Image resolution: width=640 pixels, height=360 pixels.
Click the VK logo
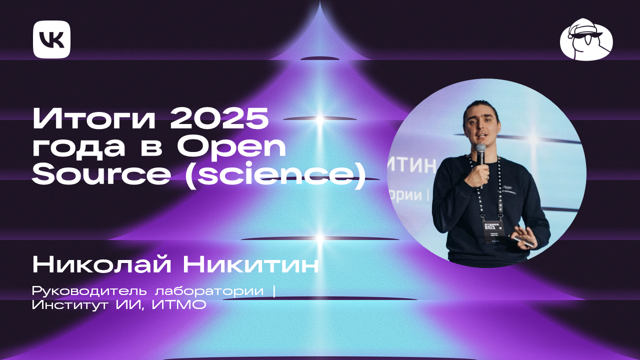point(51,39)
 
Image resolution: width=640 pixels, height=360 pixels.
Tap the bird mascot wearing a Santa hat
point(586,41)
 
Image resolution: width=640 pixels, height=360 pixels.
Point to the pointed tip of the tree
point(320,4)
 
